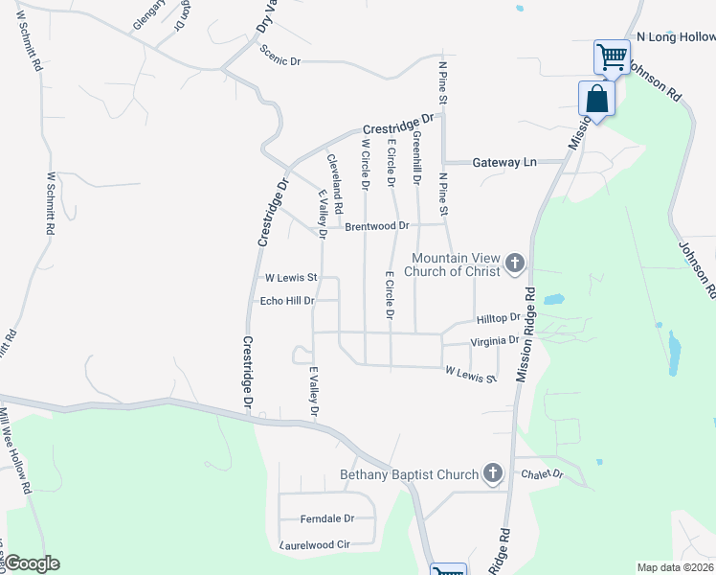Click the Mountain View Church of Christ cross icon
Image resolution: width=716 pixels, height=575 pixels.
click(x=514, y=263)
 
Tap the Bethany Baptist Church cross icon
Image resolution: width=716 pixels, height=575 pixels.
click(x=492, y=472)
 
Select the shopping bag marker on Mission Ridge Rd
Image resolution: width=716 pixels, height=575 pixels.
click(x=597, y=100)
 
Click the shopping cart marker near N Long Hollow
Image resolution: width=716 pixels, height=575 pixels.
click(x=612, y=56)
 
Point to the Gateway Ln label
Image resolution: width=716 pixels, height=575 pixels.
click(x=504, y=163)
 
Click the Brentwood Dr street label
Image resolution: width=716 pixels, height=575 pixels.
click(x=376, y=227)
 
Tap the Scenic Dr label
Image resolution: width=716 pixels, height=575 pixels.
click(x=280, y=60)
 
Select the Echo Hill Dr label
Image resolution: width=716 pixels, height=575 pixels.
click(x=287, y=301)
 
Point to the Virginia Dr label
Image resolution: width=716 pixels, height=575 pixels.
click(x=495, y=340)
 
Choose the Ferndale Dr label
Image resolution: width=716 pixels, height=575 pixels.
click(x=327, y=518)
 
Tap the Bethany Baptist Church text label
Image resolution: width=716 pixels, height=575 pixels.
click(x=409, y=475)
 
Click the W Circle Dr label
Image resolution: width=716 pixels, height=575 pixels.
click(x=365, y=164)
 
